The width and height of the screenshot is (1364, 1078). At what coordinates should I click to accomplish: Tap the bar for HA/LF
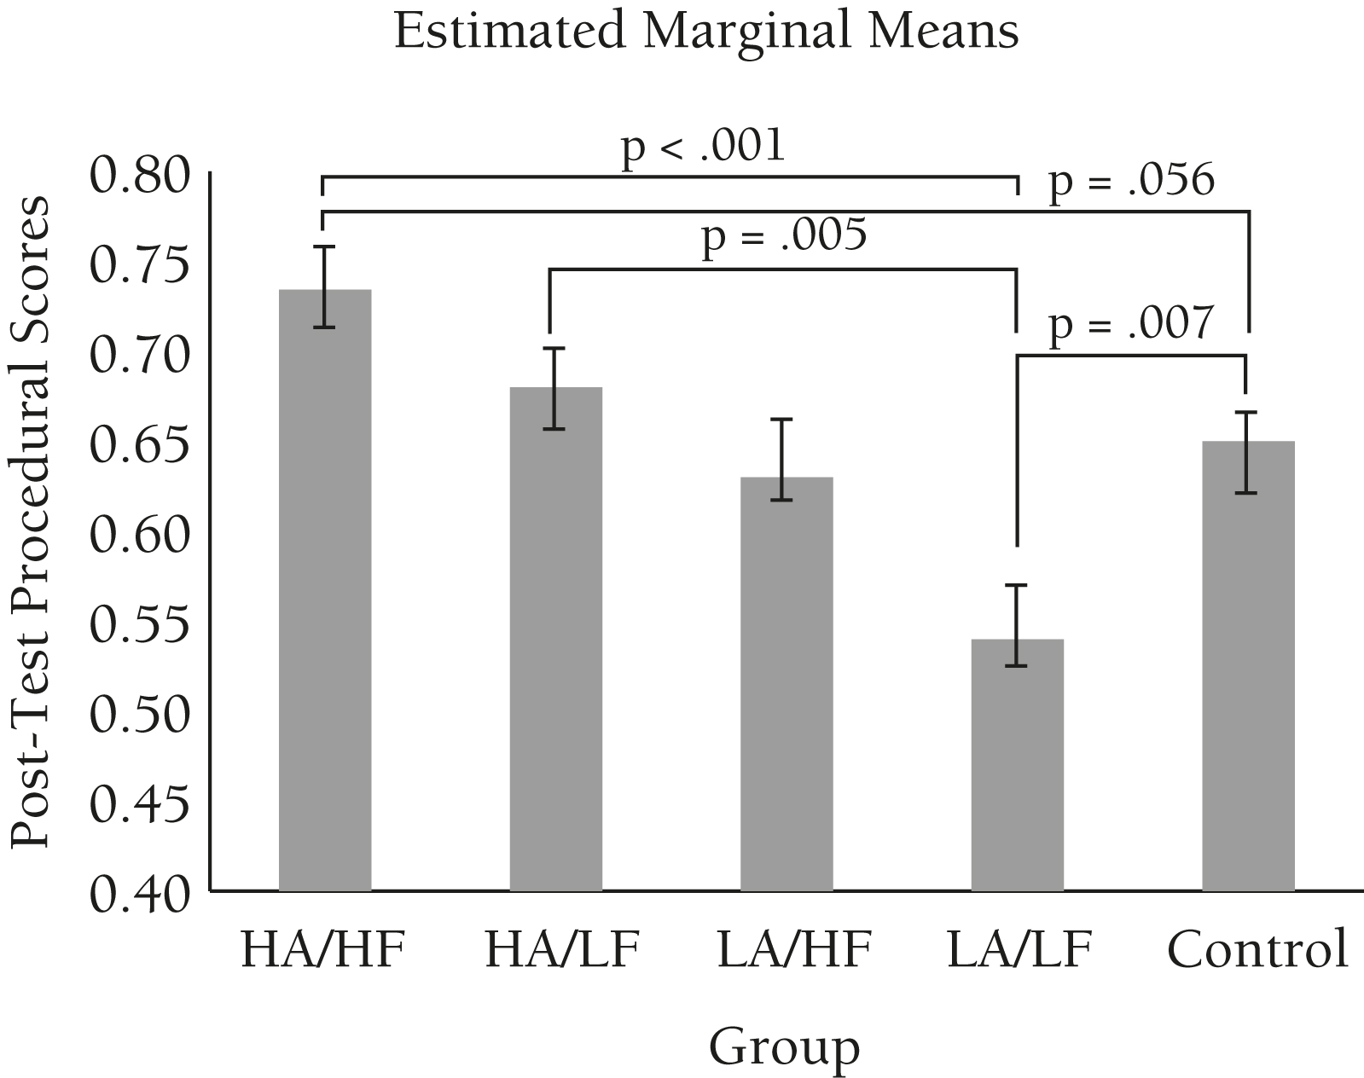coord(556,639)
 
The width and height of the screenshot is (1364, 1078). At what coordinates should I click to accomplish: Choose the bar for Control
coord(1248,666)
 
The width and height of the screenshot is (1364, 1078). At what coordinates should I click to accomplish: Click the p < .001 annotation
coord(702,146)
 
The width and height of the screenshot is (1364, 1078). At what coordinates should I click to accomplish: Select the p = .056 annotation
coord(1130,180)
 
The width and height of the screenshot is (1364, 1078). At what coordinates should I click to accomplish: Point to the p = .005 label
coord(783,235)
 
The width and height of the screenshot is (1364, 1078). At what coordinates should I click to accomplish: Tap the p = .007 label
coord(1130,325)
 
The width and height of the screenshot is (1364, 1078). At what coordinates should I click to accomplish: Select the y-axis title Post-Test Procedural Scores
coord(31,522)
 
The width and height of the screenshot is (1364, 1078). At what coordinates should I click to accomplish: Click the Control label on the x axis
coord(1258,948)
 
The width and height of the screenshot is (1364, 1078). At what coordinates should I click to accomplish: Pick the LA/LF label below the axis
coord(1019,948)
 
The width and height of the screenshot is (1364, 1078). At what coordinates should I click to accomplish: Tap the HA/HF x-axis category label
coord(322,948)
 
